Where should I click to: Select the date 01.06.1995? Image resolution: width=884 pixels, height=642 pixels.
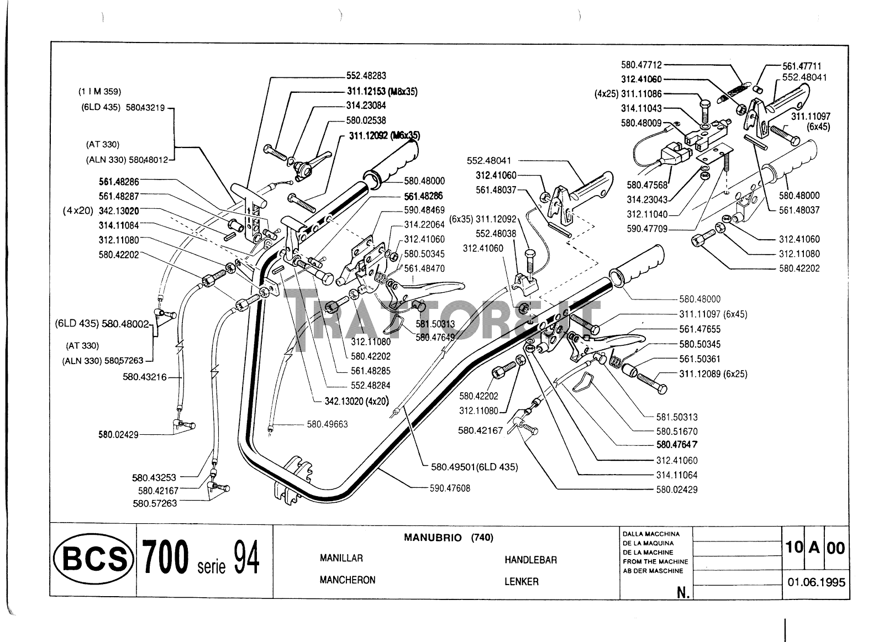[816, 582]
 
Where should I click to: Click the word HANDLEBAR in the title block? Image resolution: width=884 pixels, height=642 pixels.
[530, 560]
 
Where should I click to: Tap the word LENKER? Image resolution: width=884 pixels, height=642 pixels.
[522, 581]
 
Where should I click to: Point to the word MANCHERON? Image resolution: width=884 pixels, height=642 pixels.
[348, 580]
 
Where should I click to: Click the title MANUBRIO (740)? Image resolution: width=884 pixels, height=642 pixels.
[448, 538]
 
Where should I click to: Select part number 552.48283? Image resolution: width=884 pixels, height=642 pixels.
[366, 75]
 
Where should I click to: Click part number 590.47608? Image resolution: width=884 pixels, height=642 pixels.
[450, 488]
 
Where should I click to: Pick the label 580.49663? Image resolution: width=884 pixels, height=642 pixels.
[328, 424]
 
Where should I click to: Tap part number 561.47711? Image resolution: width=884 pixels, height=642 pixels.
[802, 66]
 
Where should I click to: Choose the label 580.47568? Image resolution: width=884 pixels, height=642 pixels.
[647, 185]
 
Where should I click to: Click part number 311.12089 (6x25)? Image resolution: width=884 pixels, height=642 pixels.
[713, 373]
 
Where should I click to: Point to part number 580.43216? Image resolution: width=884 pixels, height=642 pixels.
[144, 377]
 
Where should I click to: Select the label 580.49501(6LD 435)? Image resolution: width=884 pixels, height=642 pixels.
[475, 467]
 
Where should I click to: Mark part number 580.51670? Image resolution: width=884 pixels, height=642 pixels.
[677, 431]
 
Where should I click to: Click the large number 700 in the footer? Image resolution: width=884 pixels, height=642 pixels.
[165, 557]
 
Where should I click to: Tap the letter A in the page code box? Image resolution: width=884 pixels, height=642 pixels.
[814, 548]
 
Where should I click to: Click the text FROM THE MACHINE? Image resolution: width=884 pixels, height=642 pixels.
[655, 561]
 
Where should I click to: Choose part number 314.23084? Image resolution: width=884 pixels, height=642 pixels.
[366, 106]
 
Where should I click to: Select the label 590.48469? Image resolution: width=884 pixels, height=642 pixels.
[424, 210]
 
